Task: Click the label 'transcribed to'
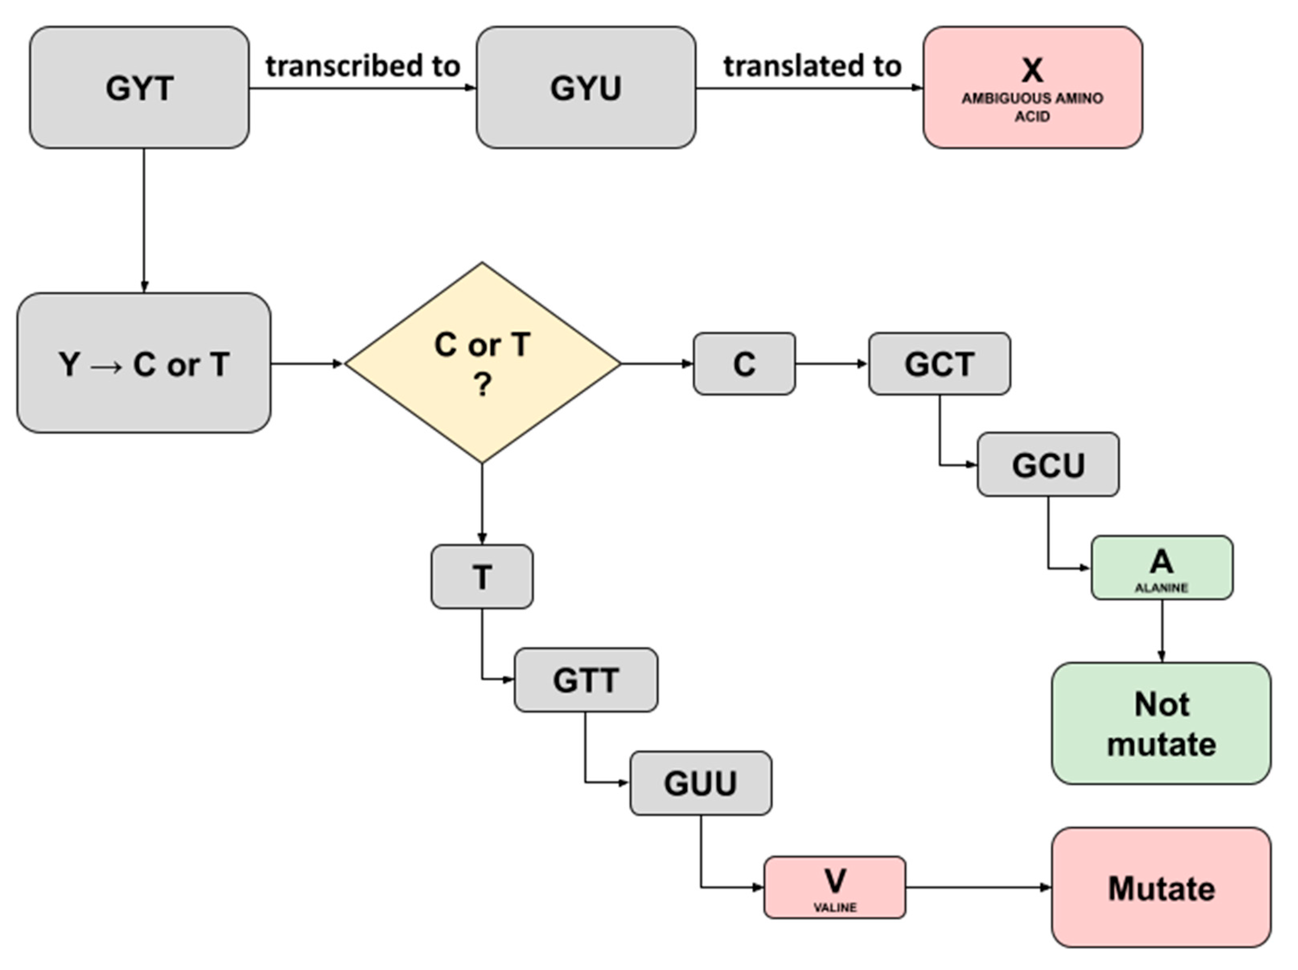(x=363, y=66)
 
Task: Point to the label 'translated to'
(x=812, y=66)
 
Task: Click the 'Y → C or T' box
(x=144, y=364)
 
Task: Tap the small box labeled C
(x=744, y=364)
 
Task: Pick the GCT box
(x=939, y=364)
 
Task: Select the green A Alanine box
(x=1161, y=567)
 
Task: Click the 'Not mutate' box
(x=1161, y=723)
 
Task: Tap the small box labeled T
(x=482, y=576)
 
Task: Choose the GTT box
(x=586, y=680)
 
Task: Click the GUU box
(x=700, y=783)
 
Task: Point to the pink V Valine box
(x=834, y=887)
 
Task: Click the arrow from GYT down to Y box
(x=144, y=220)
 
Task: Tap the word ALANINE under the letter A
(x=1161, y=588)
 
